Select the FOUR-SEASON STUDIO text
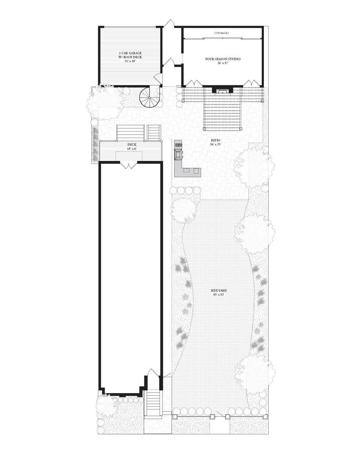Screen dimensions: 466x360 click(222, 59)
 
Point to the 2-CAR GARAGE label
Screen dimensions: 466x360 click(127, 54)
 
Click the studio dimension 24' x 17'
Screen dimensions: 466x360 click(222, 63)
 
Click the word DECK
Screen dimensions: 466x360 click(132, 145)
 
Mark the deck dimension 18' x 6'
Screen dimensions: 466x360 click(132, 149)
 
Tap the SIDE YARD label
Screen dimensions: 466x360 click(219, 291)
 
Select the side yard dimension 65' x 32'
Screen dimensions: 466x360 click(219, 295)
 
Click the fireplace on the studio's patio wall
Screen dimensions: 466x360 click(222, 90)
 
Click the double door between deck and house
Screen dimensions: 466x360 click(127, 165)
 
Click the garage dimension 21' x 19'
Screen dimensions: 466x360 click(127, 61)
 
